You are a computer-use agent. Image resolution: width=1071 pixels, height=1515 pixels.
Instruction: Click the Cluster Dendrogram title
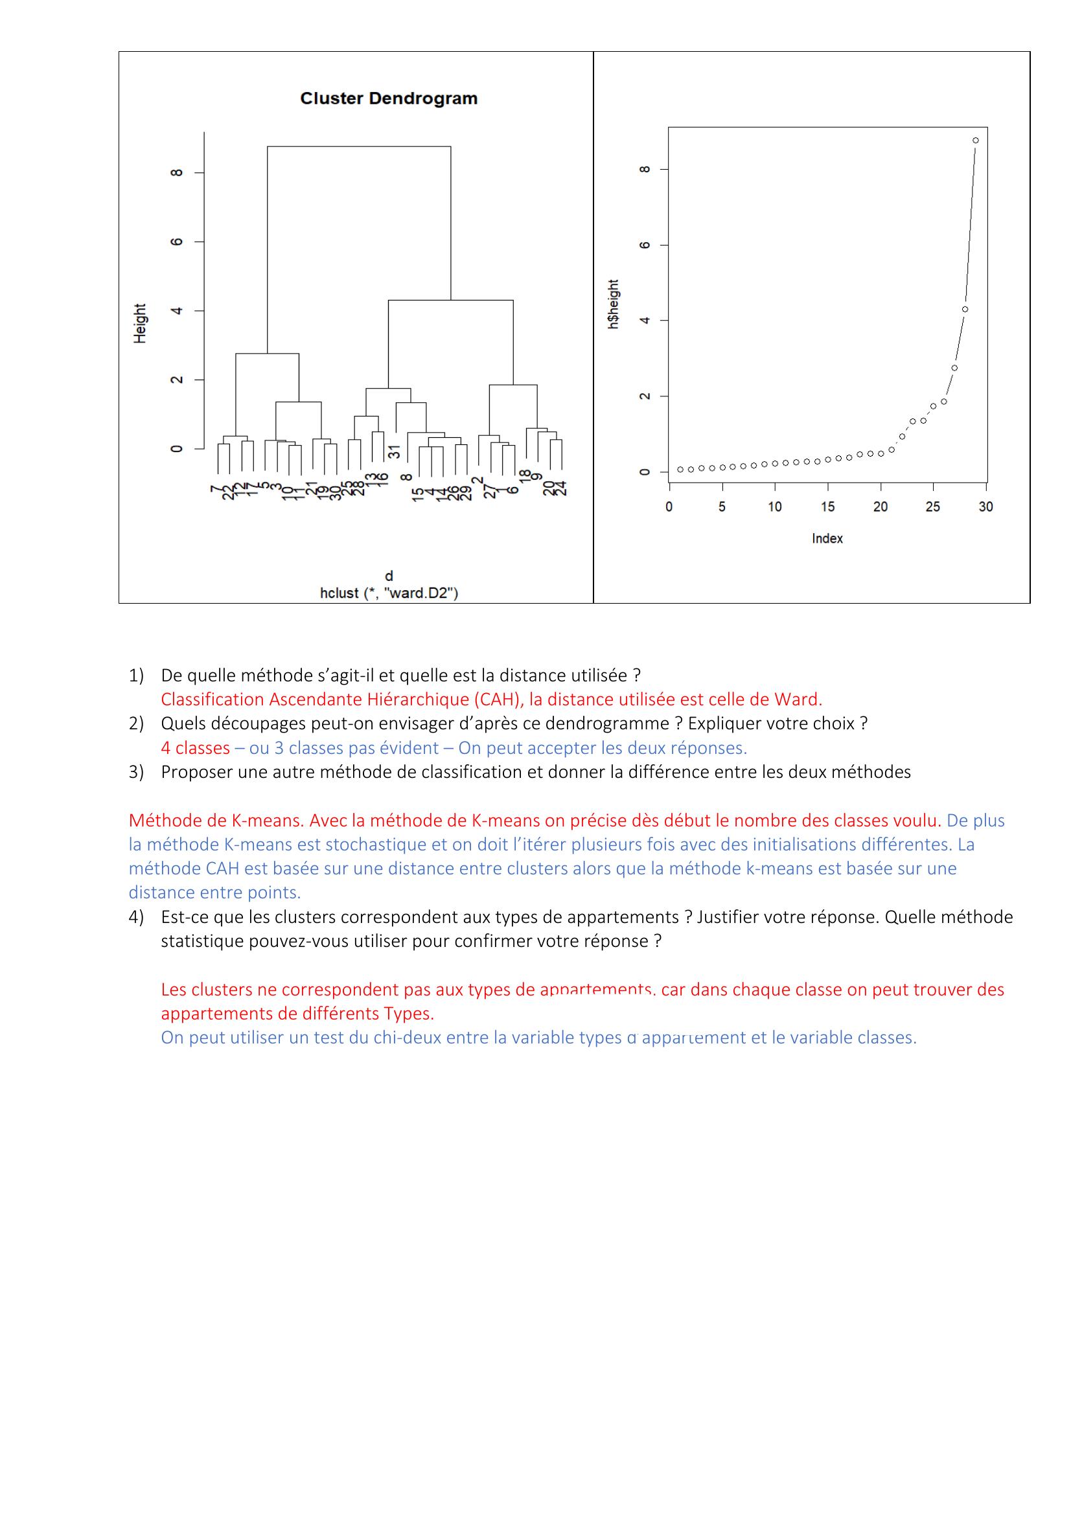click(389, 99)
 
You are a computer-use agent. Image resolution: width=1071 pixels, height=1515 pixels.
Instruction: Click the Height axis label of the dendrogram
click(140, 323)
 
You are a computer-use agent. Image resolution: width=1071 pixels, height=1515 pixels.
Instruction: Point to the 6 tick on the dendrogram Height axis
click(176, 242)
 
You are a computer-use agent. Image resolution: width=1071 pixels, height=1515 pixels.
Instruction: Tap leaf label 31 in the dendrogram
click(394, 452)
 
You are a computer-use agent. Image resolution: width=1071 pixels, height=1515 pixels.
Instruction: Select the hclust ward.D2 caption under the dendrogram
click(389, 593)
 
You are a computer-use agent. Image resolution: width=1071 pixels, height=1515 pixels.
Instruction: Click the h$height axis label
click(614, 304)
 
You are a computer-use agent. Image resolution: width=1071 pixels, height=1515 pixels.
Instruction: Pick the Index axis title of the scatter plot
click(827, 538)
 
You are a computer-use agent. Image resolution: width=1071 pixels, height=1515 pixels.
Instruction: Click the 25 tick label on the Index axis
click(932, 507)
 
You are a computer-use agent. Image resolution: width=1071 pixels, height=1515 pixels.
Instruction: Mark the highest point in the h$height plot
click(975, 141)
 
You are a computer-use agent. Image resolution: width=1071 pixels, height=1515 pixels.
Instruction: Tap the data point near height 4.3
click(965, 310)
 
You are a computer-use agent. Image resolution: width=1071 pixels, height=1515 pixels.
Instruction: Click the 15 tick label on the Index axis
click(827, 507)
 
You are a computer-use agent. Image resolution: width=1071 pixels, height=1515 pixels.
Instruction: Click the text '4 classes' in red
click(195, 748)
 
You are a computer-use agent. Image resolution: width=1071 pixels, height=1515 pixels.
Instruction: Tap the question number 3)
click(136, 772)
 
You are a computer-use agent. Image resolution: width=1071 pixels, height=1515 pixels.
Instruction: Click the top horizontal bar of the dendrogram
click(359, 146)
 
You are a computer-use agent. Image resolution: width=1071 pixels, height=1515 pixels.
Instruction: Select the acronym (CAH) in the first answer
click(498, 700)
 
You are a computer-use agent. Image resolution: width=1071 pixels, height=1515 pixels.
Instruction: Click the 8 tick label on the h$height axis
click(646, 170)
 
